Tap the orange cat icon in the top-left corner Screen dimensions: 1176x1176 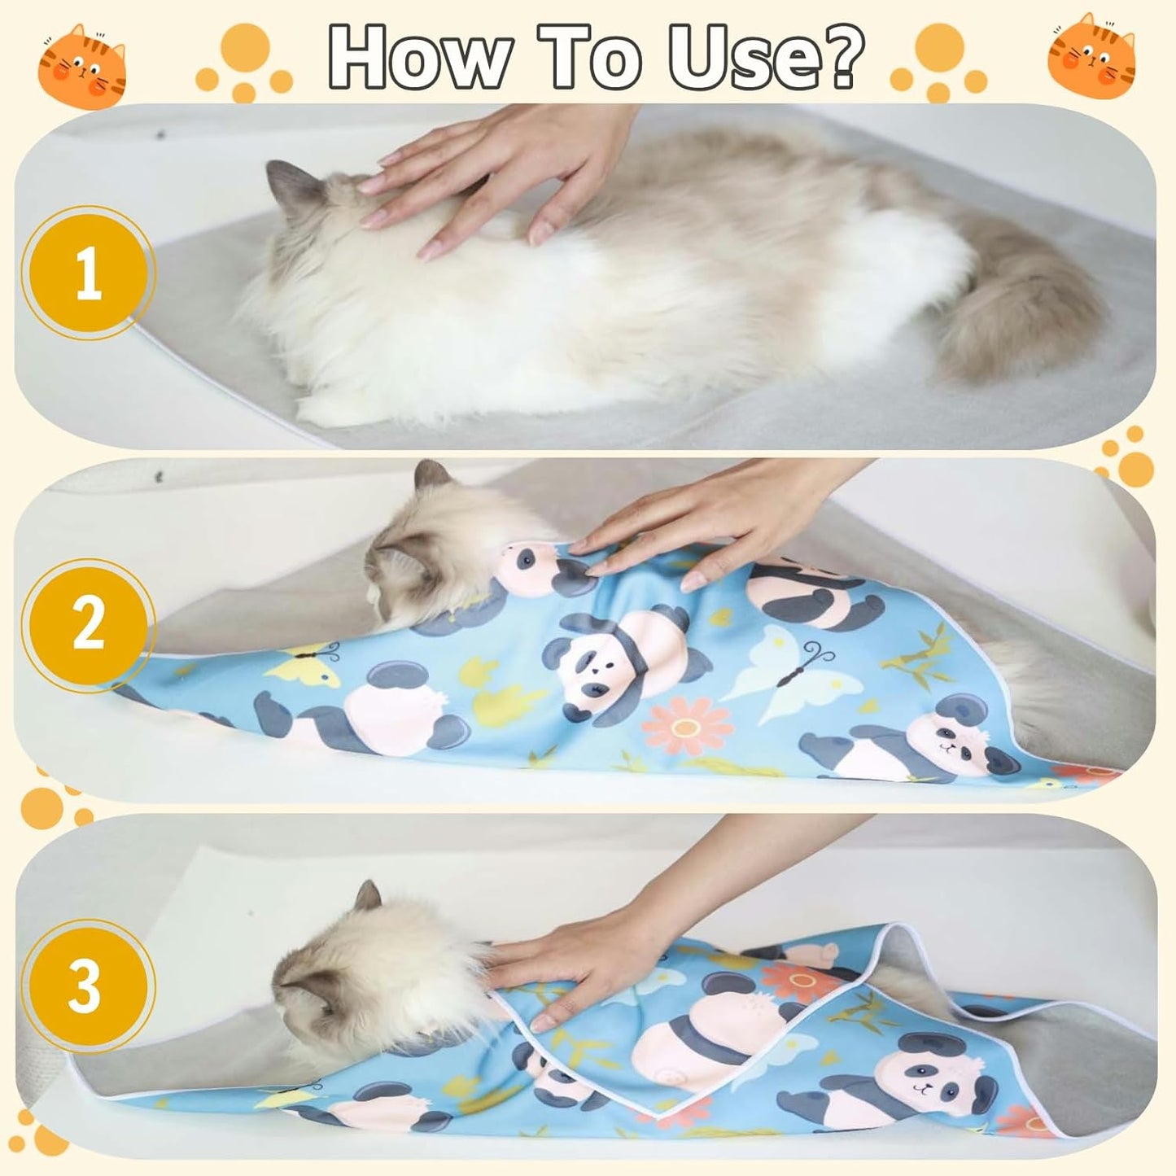tap(82, 65)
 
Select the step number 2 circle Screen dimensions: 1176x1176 tap(88, 625)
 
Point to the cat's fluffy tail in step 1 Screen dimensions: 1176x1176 tap(1017, 317)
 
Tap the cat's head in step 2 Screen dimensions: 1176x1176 tap(415, 553)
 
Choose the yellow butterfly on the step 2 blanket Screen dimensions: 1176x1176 tap(305, 663)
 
